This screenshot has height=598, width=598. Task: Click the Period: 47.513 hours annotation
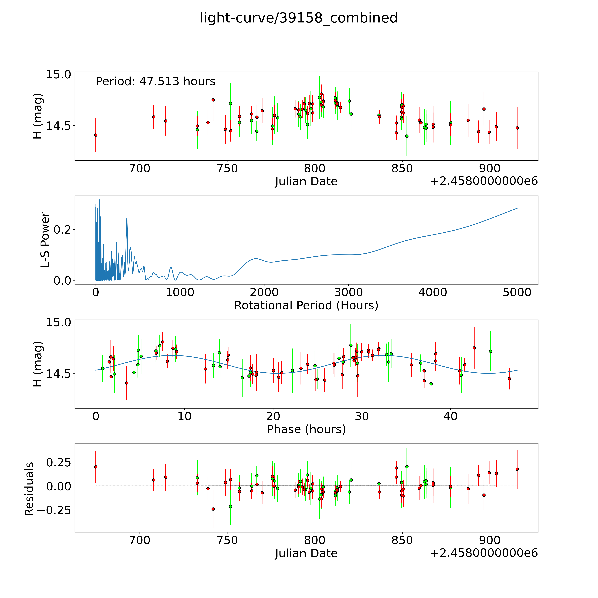[x=155, y=81]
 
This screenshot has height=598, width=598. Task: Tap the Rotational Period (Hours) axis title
[x=306, y=306]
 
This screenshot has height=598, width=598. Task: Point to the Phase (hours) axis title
[x=306, y=429]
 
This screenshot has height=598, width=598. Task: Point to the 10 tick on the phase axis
[x=184, y=416]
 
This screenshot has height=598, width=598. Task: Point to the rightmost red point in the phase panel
[x=509, y=379]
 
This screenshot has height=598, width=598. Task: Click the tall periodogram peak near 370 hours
[x=127, y=218]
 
